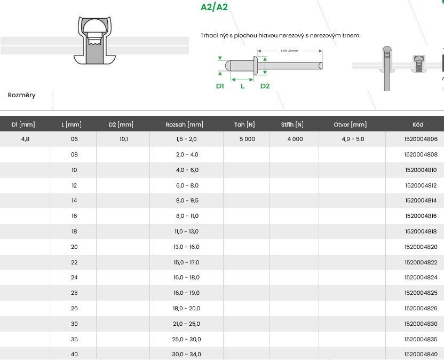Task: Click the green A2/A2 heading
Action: tap(214, 7)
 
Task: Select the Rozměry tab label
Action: tap(21, 95)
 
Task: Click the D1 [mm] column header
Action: tap(23, 124)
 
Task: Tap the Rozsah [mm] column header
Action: tap(184, 124)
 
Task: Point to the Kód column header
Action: tap(418, 124)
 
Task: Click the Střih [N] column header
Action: tap(292, 124)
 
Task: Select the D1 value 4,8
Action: tap(25, 139)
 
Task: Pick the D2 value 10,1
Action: tap(124, 139)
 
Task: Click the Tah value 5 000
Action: tap(247, 139)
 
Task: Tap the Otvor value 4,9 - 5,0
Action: tap(353, 139)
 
